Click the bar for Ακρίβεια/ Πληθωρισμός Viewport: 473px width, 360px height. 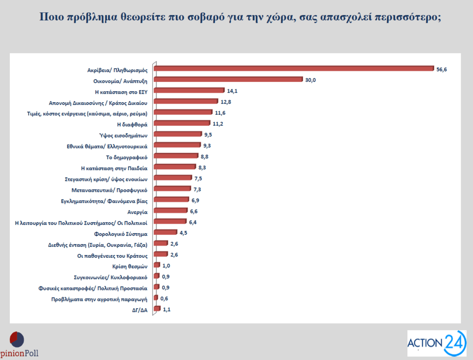294,69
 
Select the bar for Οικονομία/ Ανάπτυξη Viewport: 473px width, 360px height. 229,79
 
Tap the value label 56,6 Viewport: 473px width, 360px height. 441,70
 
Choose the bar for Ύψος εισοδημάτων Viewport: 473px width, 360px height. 177,134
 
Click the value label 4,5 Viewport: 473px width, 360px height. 184,232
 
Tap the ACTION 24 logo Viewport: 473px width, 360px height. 437,343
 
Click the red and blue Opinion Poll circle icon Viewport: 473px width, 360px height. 17,339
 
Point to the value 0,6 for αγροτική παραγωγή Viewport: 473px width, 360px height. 165,298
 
